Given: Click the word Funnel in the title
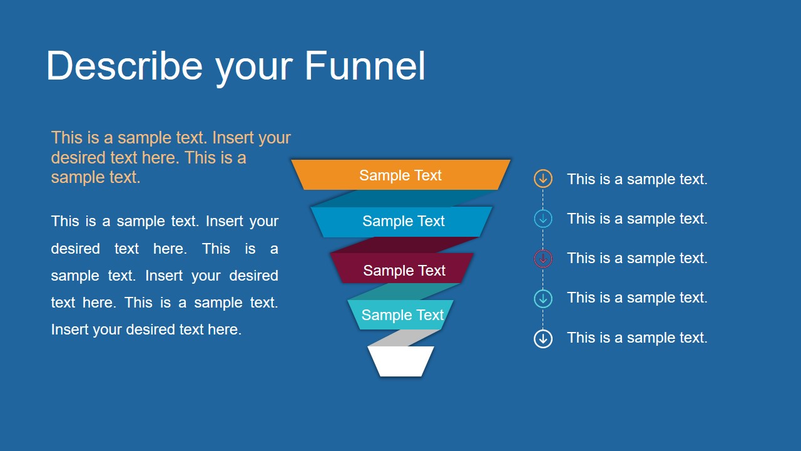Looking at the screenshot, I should pos(365,66).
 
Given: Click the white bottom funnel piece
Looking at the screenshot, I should pos(400,361).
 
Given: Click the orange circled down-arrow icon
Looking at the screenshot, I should pos(543,179).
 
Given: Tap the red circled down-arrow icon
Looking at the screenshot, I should pos(543,258).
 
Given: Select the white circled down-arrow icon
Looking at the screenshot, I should pos(543,339).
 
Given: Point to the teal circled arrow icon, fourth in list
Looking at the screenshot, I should pos(543,298).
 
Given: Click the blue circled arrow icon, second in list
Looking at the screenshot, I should pos(543,219).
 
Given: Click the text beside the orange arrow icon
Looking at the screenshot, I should pos(637,179).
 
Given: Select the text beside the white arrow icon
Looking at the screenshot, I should pos(637,338).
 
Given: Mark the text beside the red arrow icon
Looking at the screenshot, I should pos(637,258).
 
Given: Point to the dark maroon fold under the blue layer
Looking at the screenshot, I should pos(407,245).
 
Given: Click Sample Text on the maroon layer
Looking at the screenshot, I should pos(404,271).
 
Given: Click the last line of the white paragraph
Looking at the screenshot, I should pos(146,329).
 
